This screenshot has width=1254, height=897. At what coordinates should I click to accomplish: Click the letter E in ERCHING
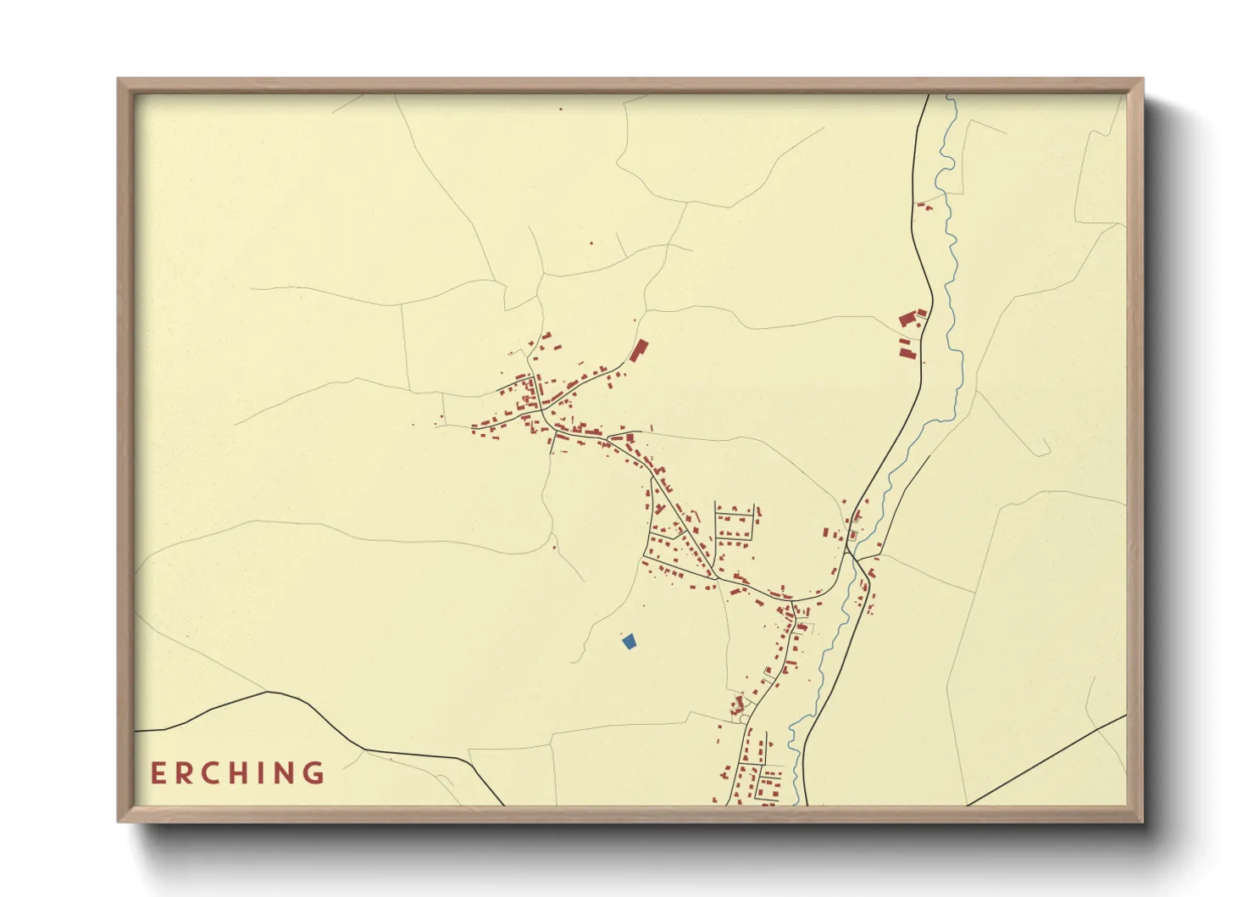tap(158, 773)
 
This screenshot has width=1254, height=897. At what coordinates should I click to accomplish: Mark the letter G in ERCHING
tap(314, 773)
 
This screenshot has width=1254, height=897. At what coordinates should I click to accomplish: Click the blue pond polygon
tap(629, 642)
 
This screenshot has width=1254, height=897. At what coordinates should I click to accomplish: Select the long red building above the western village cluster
tap(638, 350)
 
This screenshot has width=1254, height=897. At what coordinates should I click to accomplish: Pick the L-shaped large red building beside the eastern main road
tap(911, 320)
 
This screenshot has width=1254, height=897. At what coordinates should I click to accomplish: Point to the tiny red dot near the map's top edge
tap(560, 109)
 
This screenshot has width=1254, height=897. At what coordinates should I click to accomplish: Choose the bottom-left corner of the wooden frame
tap(119, 821)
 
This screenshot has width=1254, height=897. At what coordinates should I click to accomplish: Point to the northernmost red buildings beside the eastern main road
tap(924, 205)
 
